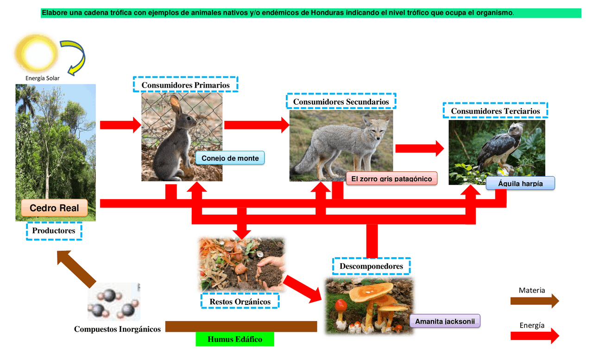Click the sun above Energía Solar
[x=36, y=53]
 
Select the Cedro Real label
[x=54, y=208]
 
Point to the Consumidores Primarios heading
[x=185, y=85]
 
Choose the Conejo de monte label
[x=230, y=158]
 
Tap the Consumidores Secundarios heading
[x=341, y=101]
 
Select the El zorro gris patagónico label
[x=391, y=179]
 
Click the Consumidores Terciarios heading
[x=495, y=111]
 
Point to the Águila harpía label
[x=520, y=183]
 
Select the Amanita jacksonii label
[x=445, y=321]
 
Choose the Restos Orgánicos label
[x=240, y=301]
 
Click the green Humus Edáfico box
[x=235, y=339]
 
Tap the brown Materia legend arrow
[x=535, y=301]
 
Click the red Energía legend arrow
[x=535, y=336]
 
